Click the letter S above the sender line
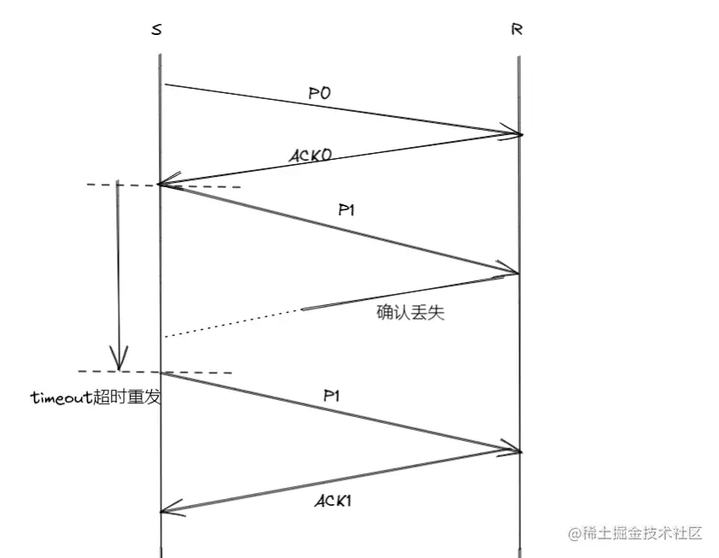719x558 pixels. pyautogui.click(x=157, y=30)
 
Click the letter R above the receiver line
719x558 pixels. pyautogui.click(x=517, y=30)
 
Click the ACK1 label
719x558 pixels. pyautogui.click(x=333, y=501)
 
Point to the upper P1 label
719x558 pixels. pyautogui.click(x=346, y=210)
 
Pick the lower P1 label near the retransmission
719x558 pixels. pyautogui.click(x=334, y=396)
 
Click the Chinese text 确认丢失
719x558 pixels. pyautogui.click(x=411, y=312)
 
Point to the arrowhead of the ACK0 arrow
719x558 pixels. pyautogui.click(x=165, y=184)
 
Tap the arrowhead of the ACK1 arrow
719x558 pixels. pyautogui.click(x=167, y=511)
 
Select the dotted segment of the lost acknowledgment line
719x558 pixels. pyautogui.click(x=231, y=322)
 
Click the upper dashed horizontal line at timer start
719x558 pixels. pyautogui.click(x=205, y=185)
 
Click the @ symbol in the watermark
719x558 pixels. pyautogui.click(x=574, y=534)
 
